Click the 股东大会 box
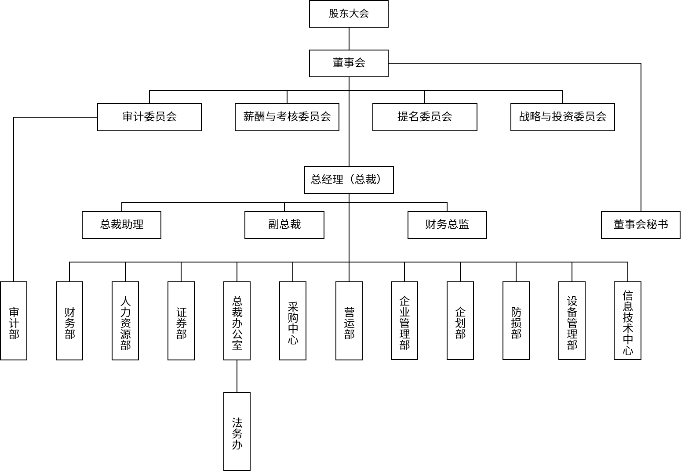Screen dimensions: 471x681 [349, 14]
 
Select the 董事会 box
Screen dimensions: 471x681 [349, 63]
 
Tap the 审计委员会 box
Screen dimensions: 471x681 [149, 117]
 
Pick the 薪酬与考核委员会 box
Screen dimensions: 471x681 [287, 117]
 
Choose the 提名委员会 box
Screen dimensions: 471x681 [425, 117]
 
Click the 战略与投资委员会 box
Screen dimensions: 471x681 [562, 117]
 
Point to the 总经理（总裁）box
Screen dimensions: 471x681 [349, 180]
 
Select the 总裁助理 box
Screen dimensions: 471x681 [121, 225]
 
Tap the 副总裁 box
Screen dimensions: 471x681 [284, 225]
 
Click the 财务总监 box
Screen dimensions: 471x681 [447, 225]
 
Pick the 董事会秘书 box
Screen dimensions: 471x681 [641, 225]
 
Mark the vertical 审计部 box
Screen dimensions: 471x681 [14, 321]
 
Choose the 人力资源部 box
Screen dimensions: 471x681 [125, 321]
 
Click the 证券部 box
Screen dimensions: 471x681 [181, 321]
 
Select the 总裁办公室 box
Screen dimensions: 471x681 [237, 321]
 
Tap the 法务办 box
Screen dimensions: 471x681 [237, 431]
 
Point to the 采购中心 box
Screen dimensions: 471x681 [293, 321]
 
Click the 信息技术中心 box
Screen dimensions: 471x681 [627, 321]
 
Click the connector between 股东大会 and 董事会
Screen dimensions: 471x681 [349, 39]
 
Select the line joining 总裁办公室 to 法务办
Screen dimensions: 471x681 [237, 376]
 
